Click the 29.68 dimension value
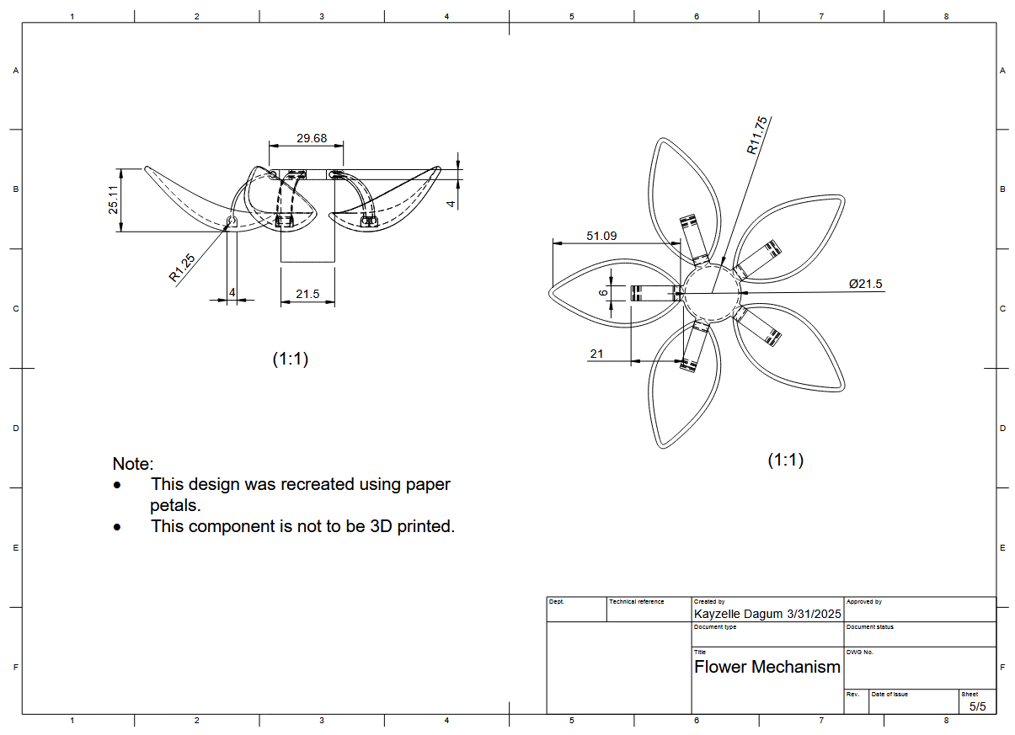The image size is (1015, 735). click(312, 138)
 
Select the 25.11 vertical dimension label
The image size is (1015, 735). click(114, 200)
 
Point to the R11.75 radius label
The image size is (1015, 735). click(756, 136)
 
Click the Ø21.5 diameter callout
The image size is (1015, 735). click(865, 284)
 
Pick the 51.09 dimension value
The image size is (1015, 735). click(601, 236)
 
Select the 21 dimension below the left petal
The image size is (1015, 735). click(596, 354)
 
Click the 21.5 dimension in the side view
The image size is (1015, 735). click(307, 294)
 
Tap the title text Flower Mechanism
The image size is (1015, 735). click(767, 668)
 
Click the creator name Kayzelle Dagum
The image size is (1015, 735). click(738, 615)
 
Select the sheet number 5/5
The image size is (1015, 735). click(977, 706)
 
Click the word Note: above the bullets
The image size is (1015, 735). click(133, 464)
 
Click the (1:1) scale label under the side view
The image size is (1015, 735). click(291, 359)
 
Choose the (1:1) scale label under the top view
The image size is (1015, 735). click(785, 461)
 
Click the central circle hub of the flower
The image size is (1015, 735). click(712, 292)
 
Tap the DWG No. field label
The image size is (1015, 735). click(859, 652)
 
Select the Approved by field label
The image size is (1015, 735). click(863, 602)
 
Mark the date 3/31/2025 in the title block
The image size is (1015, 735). click(814, 615)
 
